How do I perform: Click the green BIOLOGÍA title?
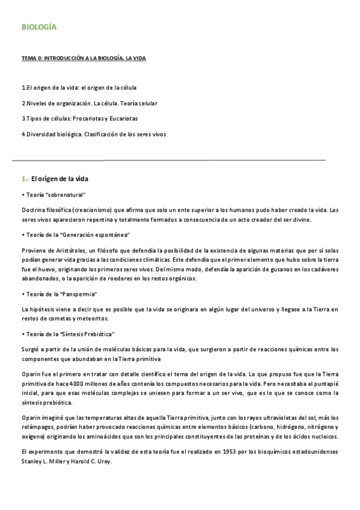click(39, 28)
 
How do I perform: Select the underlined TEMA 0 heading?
click(84, 58)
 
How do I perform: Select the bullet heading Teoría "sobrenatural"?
click(55, 195)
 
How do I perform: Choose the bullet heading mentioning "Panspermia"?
click(61, 294)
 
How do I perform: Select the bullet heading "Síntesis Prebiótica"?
click(69, 333)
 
